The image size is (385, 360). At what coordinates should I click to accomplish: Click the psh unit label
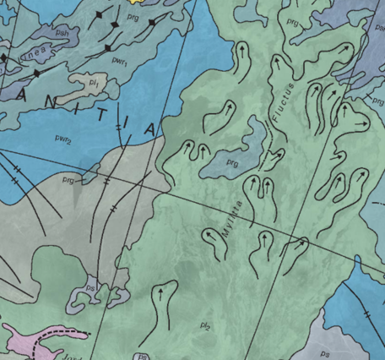click(62, 32)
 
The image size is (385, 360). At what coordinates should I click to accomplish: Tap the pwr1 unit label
click(120, 62)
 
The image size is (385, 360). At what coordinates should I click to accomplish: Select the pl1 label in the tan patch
click(95, 84)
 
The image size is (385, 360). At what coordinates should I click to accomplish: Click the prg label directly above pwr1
click(130, 15)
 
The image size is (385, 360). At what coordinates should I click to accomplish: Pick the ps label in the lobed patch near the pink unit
click(91, 288)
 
